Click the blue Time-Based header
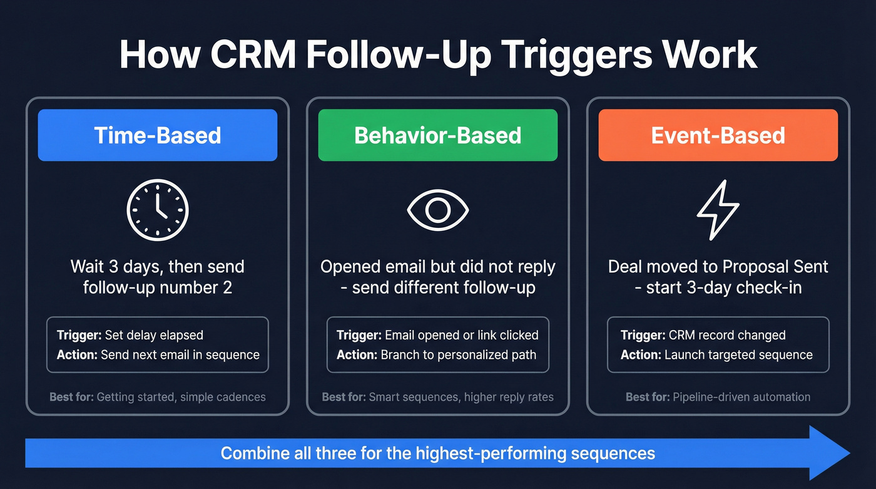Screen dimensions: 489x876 pos(157,135)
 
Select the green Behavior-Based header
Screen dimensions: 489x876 pos(437,135)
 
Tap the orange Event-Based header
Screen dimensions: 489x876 pos(718,135)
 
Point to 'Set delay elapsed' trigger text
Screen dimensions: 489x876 pos(154,335)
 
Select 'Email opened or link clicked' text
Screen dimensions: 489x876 pos(461,335)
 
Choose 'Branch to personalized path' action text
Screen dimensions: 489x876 pos(456,354)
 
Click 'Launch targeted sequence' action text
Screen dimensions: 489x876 pos(738,354)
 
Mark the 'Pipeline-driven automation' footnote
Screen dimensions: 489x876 pos(741,397)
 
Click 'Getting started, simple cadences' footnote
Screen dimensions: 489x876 pos(181,397)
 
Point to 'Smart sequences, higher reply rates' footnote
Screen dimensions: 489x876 pos(461,397)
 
